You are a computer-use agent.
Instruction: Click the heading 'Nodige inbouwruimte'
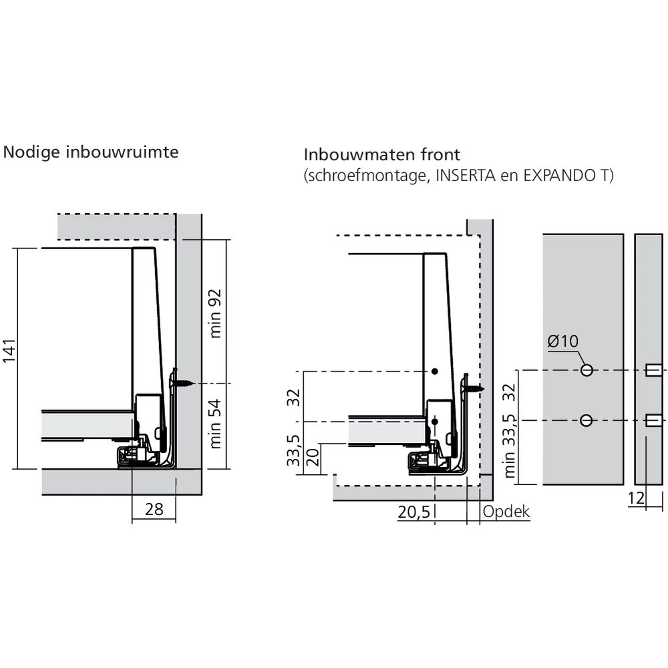click(x=91, y=152)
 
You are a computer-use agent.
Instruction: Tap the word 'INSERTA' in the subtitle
click(x=465, y=175)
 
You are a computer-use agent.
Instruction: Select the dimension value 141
click(x=9, y=351)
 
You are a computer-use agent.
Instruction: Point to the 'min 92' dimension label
click(x=216, y=313)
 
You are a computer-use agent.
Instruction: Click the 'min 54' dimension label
click(x=216, y=424)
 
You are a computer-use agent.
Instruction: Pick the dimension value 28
click(x=154, y=509)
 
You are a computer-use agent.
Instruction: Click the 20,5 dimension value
click(x=414, y=512)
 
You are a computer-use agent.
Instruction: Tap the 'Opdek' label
click(x=506, y=512)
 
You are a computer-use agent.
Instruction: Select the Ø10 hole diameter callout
click(x=562, y=341)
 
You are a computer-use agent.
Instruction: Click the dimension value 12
click(x=637, y=498)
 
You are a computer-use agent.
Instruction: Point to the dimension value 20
click(x=313, y=457)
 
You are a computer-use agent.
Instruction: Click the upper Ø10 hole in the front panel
click(x=587, y=370)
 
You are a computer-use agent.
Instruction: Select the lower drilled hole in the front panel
click(x=587, y=421)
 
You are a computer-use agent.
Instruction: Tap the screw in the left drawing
click(x=182, y=383)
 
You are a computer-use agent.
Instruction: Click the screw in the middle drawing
click(x=473, y=388)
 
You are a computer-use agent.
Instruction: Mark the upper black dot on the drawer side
click(x=435, y=371)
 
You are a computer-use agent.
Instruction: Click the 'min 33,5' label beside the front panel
click(x=510, y=446)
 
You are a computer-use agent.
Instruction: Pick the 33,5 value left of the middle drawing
click(x=293, y=450)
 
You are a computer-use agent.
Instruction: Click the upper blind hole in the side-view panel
click(x=654, y=370)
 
